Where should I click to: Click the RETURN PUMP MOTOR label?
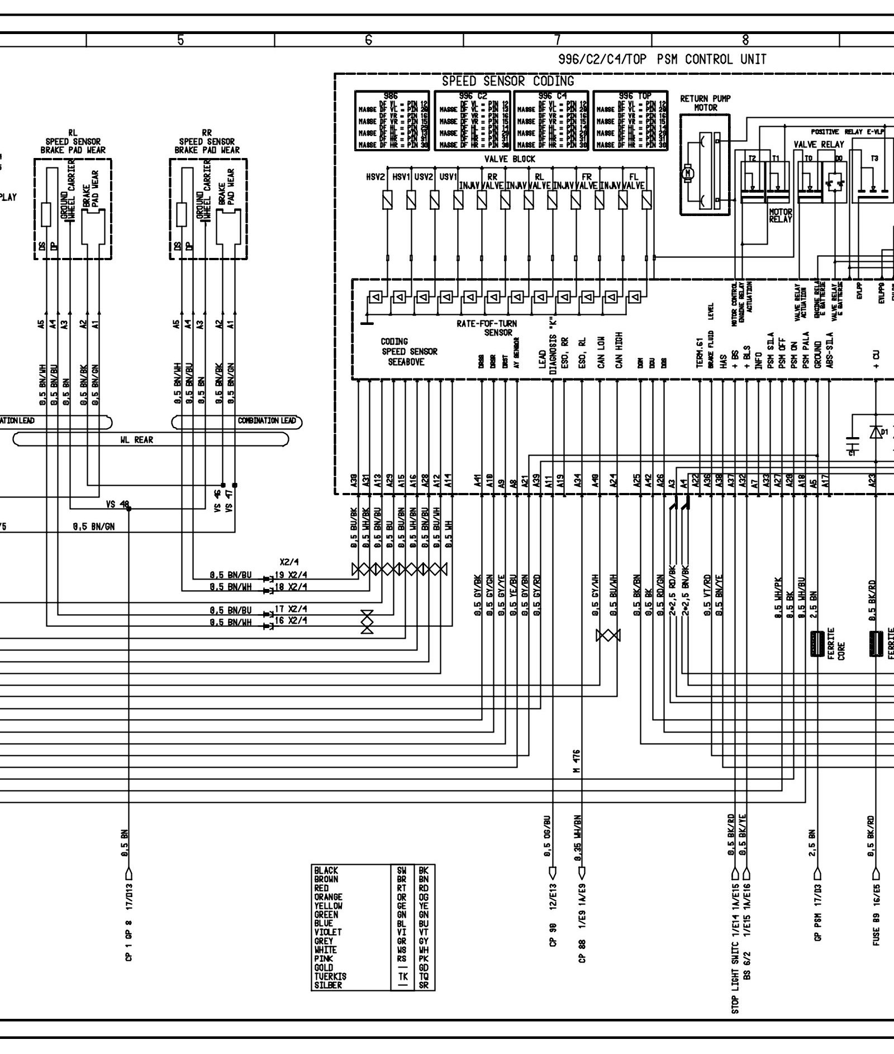[x=705, y=103]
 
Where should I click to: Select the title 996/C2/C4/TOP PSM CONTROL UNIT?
[x=662, y=59]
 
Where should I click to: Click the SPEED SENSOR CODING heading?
[x=507, y=81]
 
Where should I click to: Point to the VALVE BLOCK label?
[x=510, y=159]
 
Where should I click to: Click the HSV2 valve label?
[x=376, y=177]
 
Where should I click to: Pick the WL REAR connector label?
[x=136, y=440]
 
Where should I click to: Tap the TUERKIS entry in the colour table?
[x=330, y=976]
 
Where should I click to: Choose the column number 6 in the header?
[x=368, y=40]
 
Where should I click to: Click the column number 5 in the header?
[x=180, y=40]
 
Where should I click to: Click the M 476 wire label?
[x=577, y=761]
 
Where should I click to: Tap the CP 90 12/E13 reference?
[x=552, y=928]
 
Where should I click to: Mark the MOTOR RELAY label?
[x=781, y=215]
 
